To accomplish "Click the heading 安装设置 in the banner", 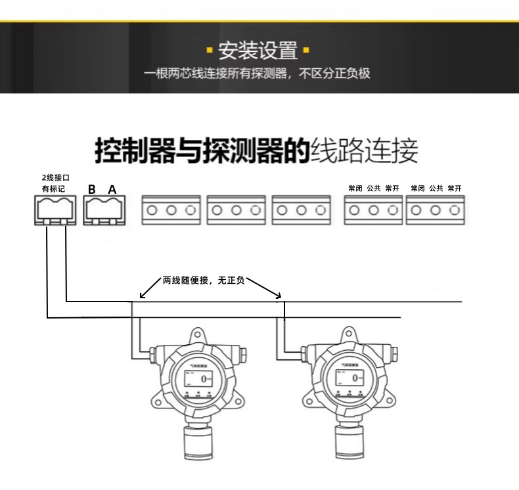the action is (258, 50).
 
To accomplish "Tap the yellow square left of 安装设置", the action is (210, 50).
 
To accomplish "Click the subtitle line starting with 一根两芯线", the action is (258, 73).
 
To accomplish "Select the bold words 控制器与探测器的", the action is (202, 151).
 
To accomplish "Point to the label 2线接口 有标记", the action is (55, 183).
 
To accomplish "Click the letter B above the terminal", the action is (92, 189).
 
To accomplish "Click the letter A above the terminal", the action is (112, 189).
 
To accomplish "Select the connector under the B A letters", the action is (102, 210).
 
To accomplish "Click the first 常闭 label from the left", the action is (355, 189).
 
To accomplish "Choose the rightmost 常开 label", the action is (455, 189).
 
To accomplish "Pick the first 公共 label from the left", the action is (374, 189).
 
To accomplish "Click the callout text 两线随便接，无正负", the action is (204, 280).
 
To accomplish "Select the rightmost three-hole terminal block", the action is (436, 210).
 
